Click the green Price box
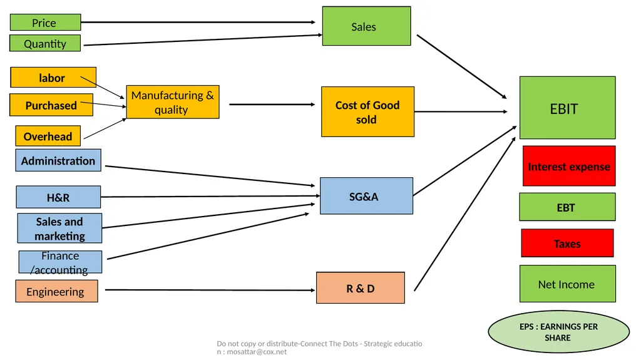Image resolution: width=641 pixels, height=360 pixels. (45, 22)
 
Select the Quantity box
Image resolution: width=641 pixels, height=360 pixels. (45, 43)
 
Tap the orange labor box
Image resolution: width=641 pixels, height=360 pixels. (53, 77)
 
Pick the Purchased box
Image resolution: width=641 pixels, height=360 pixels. (51, 105)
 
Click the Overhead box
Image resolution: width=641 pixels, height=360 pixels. (48, 136)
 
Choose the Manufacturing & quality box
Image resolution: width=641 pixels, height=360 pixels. (173, 102)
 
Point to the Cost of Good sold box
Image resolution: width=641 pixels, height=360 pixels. (367, 111)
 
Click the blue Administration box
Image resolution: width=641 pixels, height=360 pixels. (58, 160)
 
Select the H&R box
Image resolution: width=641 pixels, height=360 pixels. (58, 197)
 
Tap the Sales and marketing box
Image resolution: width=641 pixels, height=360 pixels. (59, 229)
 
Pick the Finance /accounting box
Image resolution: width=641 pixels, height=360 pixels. (60, 262)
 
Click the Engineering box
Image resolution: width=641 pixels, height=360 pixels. (56, 291)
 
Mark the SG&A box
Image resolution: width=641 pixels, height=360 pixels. (366, 196)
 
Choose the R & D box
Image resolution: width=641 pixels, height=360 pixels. (360, 287)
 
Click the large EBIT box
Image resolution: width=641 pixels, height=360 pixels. (567, 108)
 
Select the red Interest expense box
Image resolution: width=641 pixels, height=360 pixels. (569, 166)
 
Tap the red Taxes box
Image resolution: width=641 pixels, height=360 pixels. (567, 243)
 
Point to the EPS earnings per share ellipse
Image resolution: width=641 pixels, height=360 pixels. (559, 332)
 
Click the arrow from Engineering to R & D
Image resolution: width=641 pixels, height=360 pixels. (210, 290)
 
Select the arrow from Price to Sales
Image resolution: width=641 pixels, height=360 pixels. (198, 22)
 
